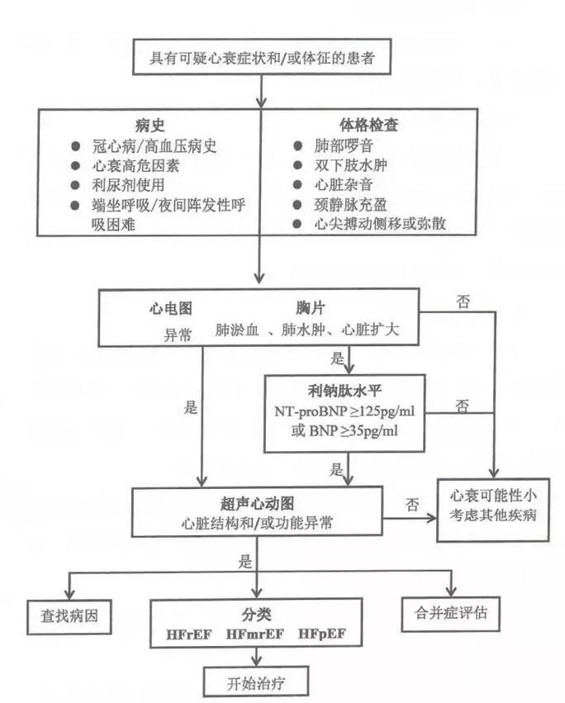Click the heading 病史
150,126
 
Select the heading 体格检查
368,126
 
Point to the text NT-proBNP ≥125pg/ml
345,411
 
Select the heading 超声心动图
255,503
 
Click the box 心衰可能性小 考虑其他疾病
491,511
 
